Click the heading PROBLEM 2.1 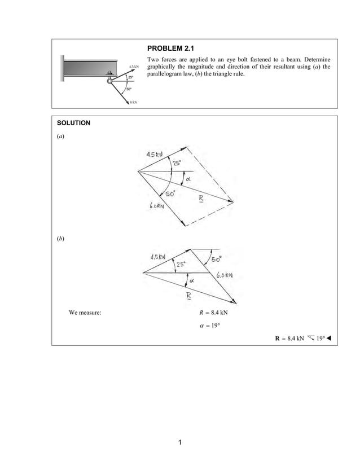pyautogui.click(x=170, y=49)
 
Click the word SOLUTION pyautogui.click(x=74, y=122)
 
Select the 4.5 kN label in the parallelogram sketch pyautogui.click(x=155, y=154)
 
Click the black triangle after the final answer pyautogui.click(x=329, y=338)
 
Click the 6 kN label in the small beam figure pyautogui.click(x=133, y=102)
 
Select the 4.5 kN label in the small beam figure pyautogui.click(x=133, y=67)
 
